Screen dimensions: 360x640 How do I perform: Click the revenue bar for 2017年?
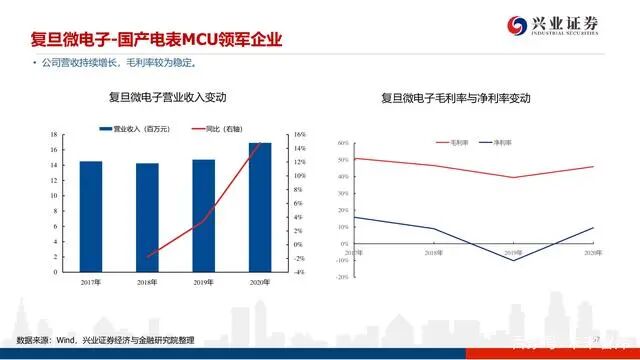91,216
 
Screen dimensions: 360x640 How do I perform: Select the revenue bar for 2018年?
147,217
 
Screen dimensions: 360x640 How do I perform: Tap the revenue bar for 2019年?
203,215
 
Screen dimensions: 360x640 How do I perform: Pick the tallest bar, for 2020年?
260,207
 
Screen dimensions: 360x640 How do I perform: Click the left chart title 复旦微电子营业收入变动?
168,98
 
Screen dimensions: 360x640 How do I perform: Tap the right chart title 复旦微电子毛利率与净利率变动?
455,99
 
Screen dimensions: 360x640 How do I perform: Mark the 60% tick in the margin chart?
342,142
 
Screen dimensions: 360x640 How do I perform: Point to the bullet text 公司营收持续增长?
80,64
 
